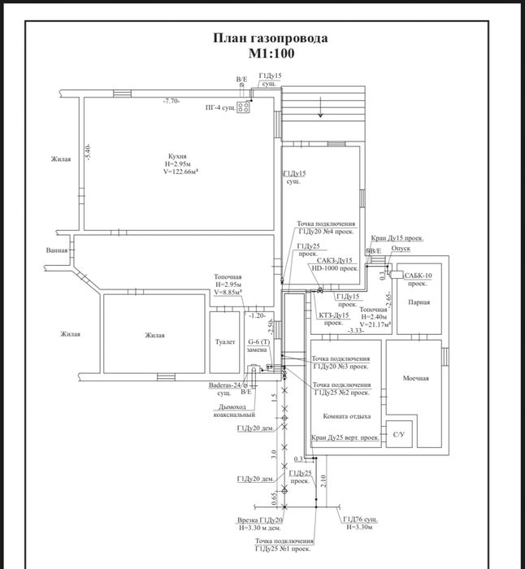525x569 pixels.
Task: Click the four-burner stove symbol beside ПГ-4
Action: pos(243,107)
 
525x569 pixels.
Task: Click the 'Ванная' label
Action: pos(57,250)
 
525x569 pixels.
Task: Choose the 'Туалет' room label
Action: pos(225,342)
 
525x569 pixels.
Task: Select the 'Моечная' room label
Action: pos(415,379)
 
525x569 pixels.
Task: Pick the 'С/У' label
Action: pos(398,435)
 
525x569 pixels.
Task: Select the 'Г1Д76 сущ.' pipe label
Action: pos(359,518)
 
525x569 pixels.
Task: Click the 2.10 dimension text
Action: pos(323,481)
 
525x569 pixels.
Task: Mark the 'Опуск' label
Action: pos(401,250)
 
